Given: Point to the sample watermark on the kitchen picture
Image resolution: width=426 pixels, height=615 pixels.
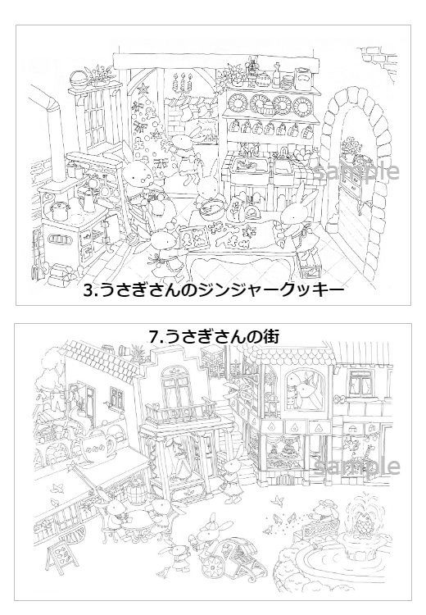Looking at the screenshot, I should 361,171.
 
